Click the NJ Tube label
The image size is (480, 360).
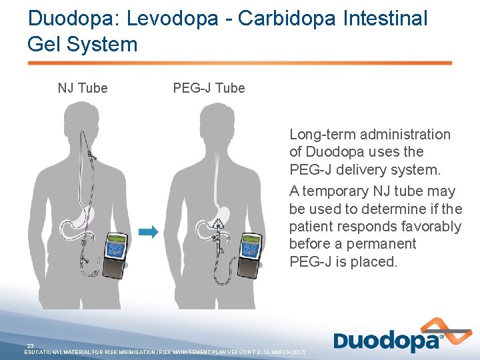point(83,88)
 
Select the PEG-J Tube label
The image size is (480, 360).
point(209,88)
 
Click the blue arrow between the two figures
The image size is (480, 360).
point(149,231)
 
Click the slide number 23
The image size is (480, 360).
point(30,345)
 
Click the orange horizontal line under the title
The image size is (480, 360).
point(240,63)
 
